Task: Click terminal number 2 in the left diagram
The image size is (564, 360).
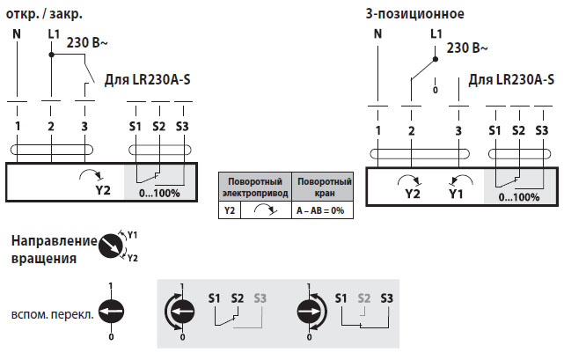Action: (x=51, y=127)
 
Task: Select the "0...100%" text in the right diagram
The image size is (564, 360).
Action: (x=519, y=196)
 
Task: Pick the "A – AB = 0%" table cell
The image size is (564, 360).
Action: (x=320, y=211)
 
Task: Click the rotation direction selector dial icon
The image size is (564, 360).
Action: (x=110, y=246)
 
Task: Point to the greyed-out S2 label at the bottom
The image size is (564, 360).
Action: (x=364, y=298)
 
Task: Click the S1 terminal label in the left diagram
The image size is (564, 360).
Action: (x=135, y=127)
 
